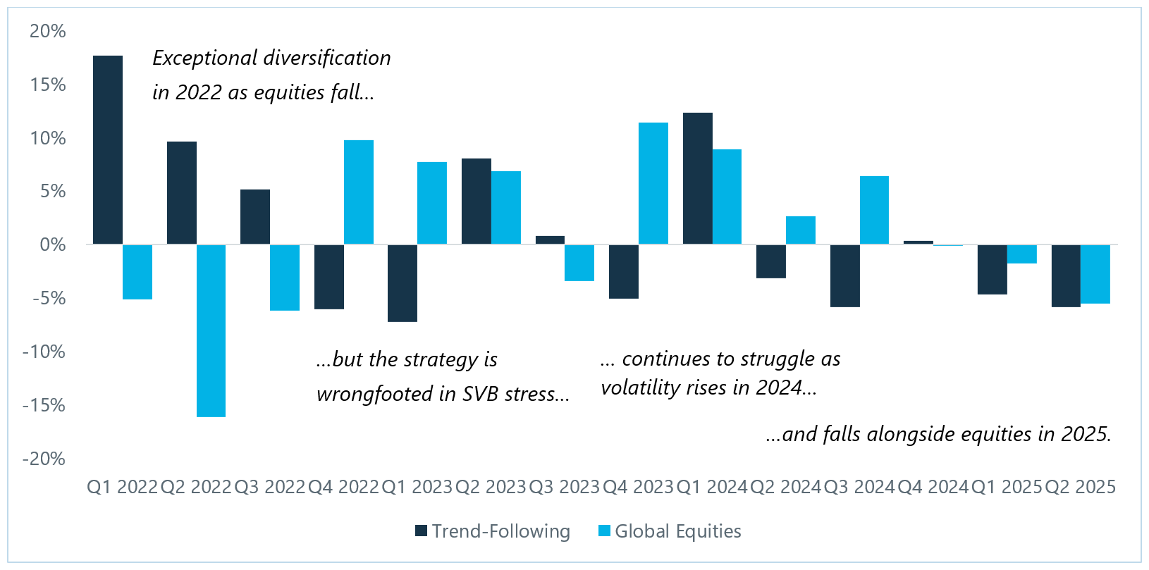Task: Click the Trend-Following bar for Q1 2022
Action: pyautogui.click(x=108, y=150)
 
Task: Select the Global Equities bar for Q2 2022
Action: pyautogui.click(x=211, y=330)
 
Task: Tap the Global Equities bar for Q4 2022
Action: pyautogui.click(x=359, y=192)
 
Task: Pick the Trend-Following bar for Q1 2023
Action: pyautogui.click(x=403, y=283)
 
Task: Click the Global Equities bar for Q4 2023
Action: pyautogui.click(x=653, y=184)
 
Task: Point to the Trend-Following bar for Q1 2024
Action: pyautogui.click(x=698, y=179)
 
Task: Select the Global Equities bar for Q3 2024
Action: pyautogui.click(x=874, y=211)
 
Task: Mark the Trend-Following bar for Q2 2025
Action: pyautogui.click(x=1066, y=275)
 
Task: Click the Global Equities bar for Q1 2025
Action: pyautogui.click(x=1021, y=254)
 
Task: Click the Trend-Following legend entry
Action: pyautogui.click(x=493, y=531)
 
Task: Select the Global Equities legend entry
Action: pyautogui.click(x=670, y=531)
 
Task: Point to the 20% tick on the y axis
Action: pyautogui.click(x=48, y=31)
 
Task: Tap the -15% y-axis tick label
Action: pyautogui.click(x=44, y=405)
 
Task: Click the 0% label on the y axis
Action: pyautogui.click(x=53, y=245)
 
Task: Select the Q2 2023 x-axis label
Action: pyautogui.click(x=491, y=487)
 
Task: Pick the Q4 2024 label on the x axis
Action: pyautogui.click(x=933, y=487)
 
